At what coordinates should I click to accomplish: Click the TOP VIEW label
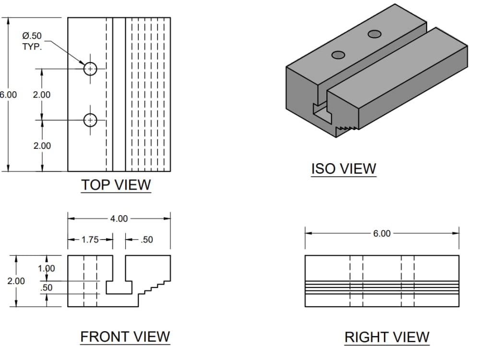(x=116, y=184)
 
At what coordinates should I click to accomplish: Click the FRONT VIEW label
(x=125, y=336)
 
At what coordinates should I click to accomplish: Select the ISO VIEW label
(x=344, y=168)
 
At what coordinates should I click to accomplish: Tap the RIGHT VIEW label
(x=387, y=337)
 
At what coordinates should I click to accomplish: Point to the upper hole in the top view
(x=90, y=69)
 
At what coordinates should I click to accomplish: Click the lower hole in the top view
(x=90, y=120)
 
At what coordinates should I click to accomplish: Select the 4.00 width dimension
(x=119, y=218)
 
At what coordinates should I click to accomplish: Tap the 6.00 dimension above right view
(x=382, y=233)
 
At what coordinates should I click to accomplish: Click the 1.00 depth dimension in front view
(x=47, y=268)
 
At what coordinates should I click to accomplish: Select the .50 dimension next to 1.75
(x=146, y=240)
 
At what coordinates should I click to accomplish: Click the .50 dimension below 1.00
(x=47, y=288)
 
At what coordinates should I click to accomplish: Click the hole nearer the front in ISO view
(x=338, y=55)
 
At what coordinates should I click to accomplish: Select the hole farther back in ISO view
(x=375, y=34)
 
